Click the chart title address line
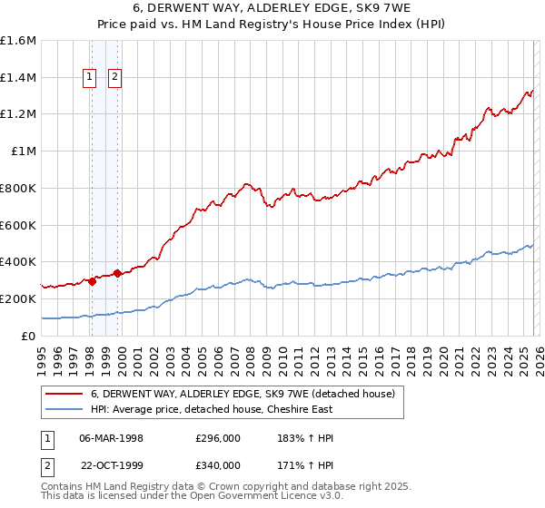tap(272, 8)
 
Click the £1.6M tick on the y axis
tap(18, 41)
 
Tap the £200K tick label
tap(18, 298)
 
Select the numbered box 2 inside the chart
tap(115, 78)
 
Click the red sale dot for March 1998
tap(92, 281)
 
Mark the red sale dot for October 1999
tap(118, 273)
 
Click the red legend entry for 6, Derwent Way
tap(242, 394)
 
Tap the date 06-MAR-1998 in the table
tap(111, 438)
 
